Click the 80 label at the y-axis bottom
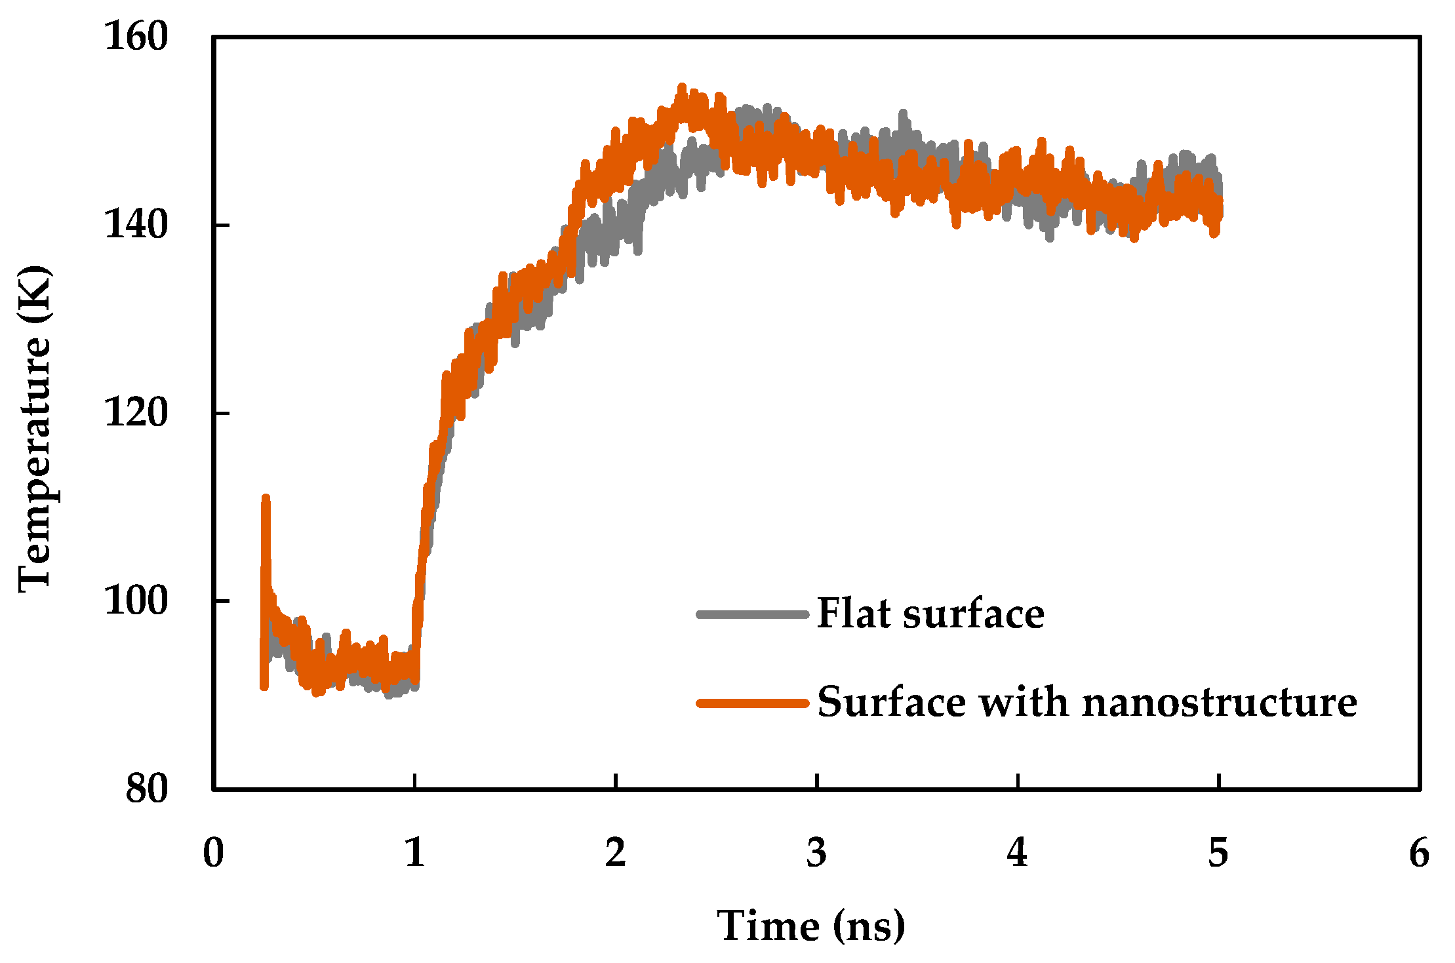coord(147,788)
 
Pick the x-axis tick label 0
coord(214,853)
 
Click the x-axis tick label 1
coord(414,853)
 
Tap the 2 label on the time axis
coord(615,853)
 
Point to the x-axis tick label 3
coord(816,853)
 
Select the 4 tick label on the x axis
coord(1017,853)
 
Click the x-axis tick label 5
coord(1218,853)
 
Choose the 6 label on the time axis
coord(1419,853)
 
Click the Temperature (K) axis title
coord(34,429)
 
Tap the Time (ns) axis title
coord(810,926)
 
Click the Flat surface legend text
coord(930,614)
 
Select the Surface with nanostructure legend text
coord(1086,703)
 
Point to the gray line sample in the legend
coord(752,614)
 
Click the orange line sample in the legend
coord(752,703)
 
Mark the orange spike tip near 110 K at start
coord(266,499)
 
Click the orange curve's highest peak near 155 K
coord(682,87)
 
